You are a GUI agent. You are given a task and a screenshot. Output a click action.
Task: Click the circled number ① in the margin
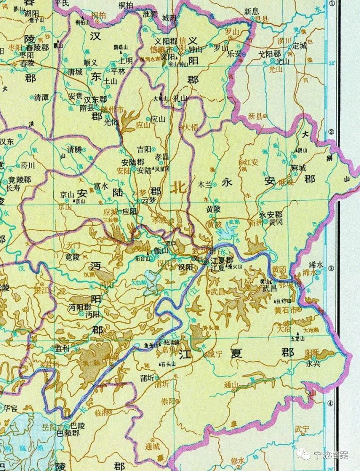click(333, 4)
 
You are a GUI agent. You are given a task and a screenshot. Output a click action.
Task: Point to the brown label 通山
click(232, 384)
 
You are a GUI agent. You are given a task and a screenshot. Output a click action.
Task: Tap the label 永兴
click(312, 363)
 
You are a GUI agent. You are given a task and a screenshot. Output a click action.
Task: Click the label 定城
click(299, 46)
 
